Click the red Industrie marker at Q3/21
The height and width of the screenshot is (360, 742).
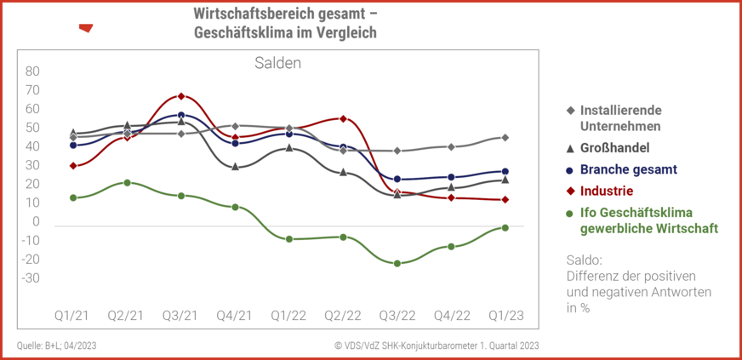(181, 96)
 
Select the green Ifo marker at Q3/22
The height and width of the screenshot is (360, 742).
(397, 263)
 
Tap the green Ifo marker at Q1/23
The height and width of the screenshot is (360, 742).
(505, 227)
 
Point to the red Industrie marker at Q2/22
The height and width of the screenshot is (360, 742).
(343, 118)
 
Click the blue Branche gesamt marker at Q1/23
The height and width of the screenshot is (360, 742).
(505, 171)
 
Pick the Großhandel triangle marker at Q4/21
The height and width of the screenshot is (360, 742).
(235, 166)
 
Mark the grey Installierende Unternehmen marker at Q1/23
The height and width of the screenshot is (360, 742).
(505, 137)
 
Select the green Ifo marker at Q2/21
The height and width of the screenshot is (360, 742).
(127, 182)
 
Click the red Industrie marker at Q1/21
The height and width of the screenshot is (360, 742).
(73, 165)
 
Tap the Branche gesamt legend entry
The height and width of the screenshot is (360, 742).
(628, 169)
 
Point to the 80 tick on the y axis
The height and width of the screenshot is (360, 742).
(32, 71)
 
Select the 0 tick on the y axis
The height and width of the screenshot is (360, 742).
(36, 221)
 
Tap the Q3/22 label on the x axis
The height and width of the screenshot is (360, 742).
(397, 315)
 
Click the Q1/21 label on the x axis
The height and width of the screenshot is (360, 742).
(72, 315)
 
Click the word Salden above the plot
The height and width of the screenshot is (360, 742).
(278, 63)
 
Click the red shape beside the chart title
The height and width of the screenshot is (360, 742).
(85, 28)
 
